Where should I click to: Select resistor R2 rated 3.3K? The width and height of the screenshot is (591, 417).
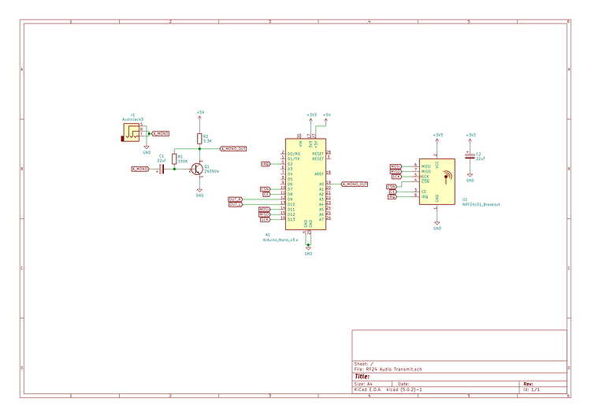tap(200, 139)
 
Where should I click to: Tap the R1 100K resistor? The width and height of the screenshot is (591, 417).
tap(175, 159)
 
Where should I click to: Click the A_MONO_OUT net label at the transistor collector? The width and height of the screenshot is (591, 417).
tap(233, 149)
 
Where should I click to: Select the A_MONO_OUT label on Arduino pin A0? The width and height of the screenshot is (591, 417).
tap(355, 184)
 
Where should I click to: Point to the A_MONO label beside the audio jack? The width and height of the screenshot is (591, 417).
tap(160, 133)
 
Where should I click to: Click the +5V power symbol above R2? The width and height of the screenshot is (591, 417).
tap(200, 115)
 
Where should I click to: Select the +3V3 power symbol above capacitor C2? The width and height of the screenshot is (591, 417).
tap(470, 137)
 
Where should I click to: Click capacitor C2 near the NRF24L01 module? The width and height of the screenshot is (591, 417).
tap(470, 156)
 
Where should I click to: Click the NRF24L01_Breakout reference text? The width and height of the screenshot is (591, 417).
tap(481, 204)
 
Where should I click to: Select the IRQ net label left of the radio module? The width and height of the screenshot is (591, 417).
tap(392, 196)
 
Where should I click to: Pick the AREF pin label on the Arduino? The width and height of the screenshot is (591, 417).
tap(318, 173)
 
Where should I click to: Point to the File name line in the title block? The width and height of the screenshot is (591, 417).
tap(388, 368)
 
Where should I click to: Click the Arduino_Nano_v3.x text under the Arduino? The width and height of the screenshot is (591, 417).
tap(280, 238)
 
